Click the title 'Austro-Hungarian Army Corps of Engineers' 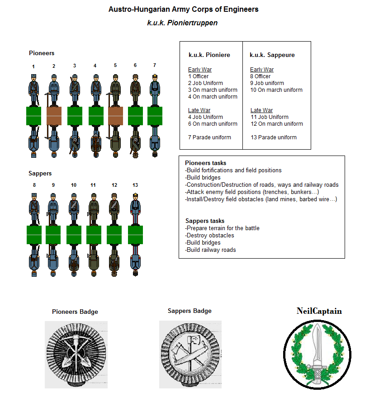click(x=183, y=9)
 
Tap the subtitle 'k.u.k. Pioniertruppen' click(x=182, y=23)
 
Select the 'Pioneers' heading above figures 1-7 click(x=42, y=53)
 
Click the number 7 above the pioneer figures click(x=154, y=66)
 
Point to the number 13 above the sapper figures click(x=135, y=185)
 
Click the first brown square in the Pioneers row click(x=54, y=116)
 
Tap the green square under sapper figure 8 click(x=34, y=235)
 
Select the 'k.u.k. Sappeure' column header click(x=272, y=55)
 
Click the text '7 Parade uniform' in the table click(x=209, y=137)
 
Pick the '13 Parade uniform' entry click(x=273, y=137)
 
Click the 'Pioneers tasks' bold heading click(x=205, y=163)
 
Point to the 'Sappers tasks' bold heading click(x=204, y=221)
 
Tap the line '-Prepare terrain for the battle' click(x=222, y=228)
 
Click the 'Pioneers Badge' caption click(x=75, y=312)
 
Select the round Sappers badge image click(x=189, y=354)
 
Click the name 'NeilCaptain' click(x=319, y=311)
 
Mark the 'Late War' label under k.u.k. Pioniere click(x=199, y=110)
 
